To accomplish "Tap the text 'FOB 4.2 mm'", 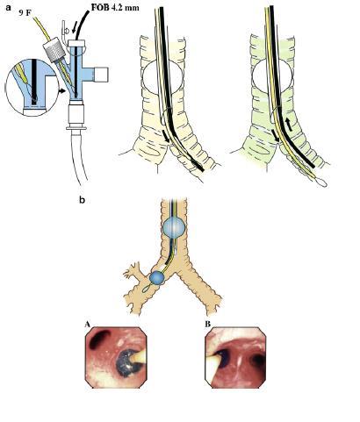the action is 115,7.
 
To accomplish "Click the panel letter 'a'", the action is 8,7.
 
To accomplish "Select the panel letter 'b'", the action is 83,200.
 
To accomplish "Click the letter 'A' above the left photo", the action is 87,325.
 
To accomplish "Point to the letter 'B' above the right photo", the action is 207,325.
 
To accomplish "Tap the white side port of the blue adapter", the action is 101,75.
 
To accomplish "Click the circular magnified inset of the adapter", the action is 32,88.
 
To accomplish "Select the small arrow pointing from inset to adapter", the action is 61,91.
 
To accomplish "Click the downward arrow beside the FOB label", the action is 75,28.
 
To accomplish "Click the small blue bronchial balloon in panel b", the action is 157,278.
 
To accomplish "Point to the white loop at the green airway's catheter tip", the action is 320,182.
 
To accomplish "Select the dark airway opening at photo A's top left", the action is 98,339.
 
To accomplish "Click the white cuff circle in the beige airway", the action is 162,78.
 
